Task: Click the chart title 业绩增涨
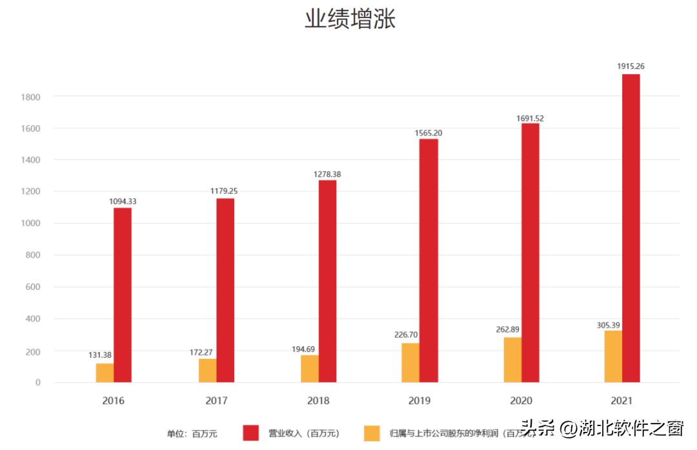pyautogui.click(x=349, y=19)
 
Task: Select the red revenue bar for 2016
pyautogui.click(x=123, y=295)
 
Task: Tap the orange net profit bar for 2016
pyautogui.click(x=105, y=373)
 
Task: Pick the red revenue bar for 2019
pyautogui.click(x=429, y=260)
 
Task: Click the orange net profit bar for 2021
pyautogui.click(x=613, y=356)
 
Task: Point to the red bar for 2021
pyautogui.click(x=631, y=228)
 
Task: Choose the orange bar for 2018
pyautogui.click(x=309, y=369)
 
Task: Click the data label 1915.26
pyautogui.click(x=631, y=66)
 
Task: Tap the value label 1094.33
pyautogui.click(x=122, y=201)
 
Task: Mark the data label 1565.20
pyautogui.click(x=429, y=133)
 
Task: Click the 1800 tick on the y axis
pyautogui.click(x=30, y=97)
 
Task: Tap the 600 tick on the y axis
pyautogui.click(x=33, y=287)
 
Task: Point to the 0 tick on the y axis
pyautogui.click(x=37, y=382)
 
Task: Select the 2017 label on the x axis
pyautogui.click(x=217, y=400)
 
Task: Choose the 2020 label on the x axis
pyautogui.click(x=521, y=400)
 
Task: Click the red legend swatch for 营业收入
pyautogui.click(x=251, y=433)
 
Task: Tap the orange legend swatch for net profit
pyautogui.click(x=372, y=433)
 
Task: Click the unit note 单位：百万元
pyautogui.click(x=192, y=434)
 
